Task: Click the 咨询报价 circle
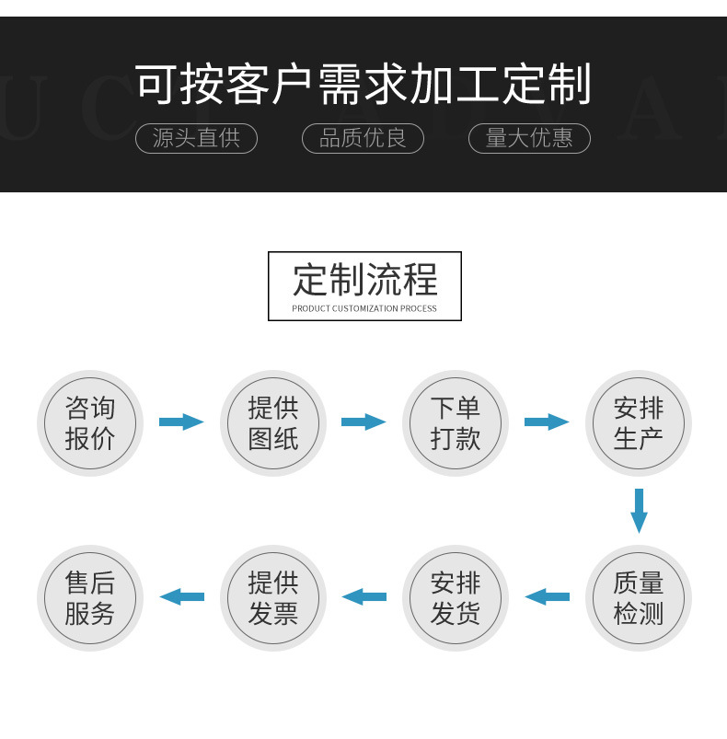coord(90,423)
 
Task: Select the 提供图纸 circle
coord(273,423)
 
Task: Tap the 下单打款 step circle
coord(456,423)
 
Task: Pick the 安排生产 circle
coord(639,423)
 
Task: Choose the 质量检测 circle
coord(639,598)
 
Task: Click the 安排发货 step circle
coord(456,598)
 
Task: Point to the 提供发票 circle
coord(273,598)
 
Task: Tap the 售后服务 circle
coord(90,598)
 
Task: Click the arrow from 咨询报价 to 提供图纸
coord(181,422)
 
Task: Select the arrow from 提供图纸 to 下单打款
coord(363,422)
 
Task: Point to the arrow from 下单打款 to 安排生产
coord(547,422)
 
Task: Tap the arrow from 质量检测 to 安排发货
coord(547,596)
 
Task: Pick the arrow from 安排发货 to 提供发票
coord(363,596)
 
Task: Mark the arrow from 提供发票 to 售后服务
coord(181,596)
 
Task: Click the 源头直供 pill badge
coord(196,138)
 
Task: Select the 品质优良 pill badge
coord(363,138)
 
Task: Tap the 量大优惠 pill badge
coord(529,138)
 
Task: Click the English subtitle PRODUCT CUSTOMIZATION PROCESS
coord(364,309)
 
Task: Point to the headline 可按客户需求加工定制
coord(363,85)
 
